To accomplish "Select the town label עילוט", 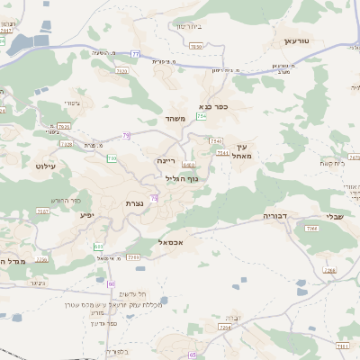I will click(x=46, y=166).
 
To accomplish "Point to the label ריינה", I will click(x=166, y=159).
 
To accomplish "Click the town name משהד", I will click(x=175, y=118).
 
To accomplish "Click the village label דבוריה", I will click(x=274, y=216).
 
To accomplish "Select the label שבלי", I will click(x=333, y=215).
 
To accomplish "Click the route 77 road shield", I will click(x=136, y=54).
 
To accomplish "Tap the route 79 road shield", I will click(x=127, y=136).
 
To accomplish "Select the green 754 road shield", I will click(x=202, y=116).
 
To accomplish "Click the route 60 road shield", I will click(x=111, y=283).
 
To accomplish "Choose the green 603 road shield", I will click(x=98, y=247).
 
